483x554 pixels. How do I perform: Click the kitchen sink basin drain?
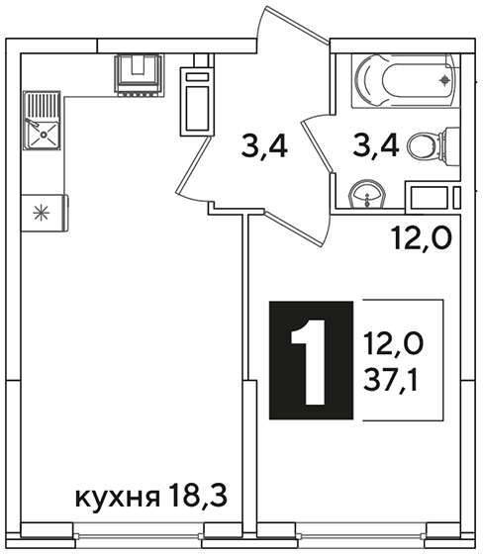44,135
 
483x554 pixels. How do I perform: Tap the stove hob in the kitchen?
139,75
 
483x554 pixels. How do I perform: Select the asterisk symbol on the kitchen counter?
41,213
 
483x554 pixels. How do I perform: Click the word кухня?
118,498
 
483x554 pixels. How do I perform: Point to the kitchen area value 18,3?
197,495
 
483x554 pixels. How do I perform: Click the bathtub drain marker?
444,81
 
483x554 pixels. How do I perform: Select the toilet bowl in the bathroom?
434,145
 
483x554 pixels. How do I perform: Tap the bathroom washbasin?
367,195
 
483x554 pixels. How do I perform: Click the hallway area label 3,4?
264,147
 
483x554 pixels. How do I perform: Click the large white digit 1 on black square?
308,362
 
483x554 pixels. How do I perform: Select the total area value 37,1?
390,382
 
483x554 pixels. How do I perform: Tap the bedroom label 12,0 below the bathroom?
421,238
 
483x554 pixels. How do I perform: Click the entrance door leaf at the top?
294,24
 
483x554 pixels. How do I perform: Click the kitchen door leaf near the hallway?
193,168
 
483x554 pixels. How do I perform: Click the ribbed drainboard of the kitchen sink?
42,105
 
